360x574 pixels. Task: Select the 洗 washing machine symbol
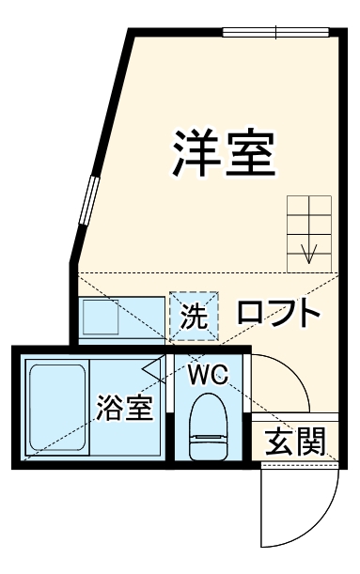(194, 317)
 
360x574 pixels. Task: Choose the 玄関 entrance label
(293, 441)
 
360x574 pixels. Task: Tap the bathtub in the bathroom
(55, 410)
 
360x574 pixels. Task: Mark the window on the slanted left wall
(89, 200)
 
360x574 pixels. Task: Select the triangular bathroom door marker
(154, 367)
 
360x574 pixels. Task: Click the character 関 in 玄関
(310, 441)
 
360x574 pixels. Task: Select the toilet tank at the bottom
(208, 448)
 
